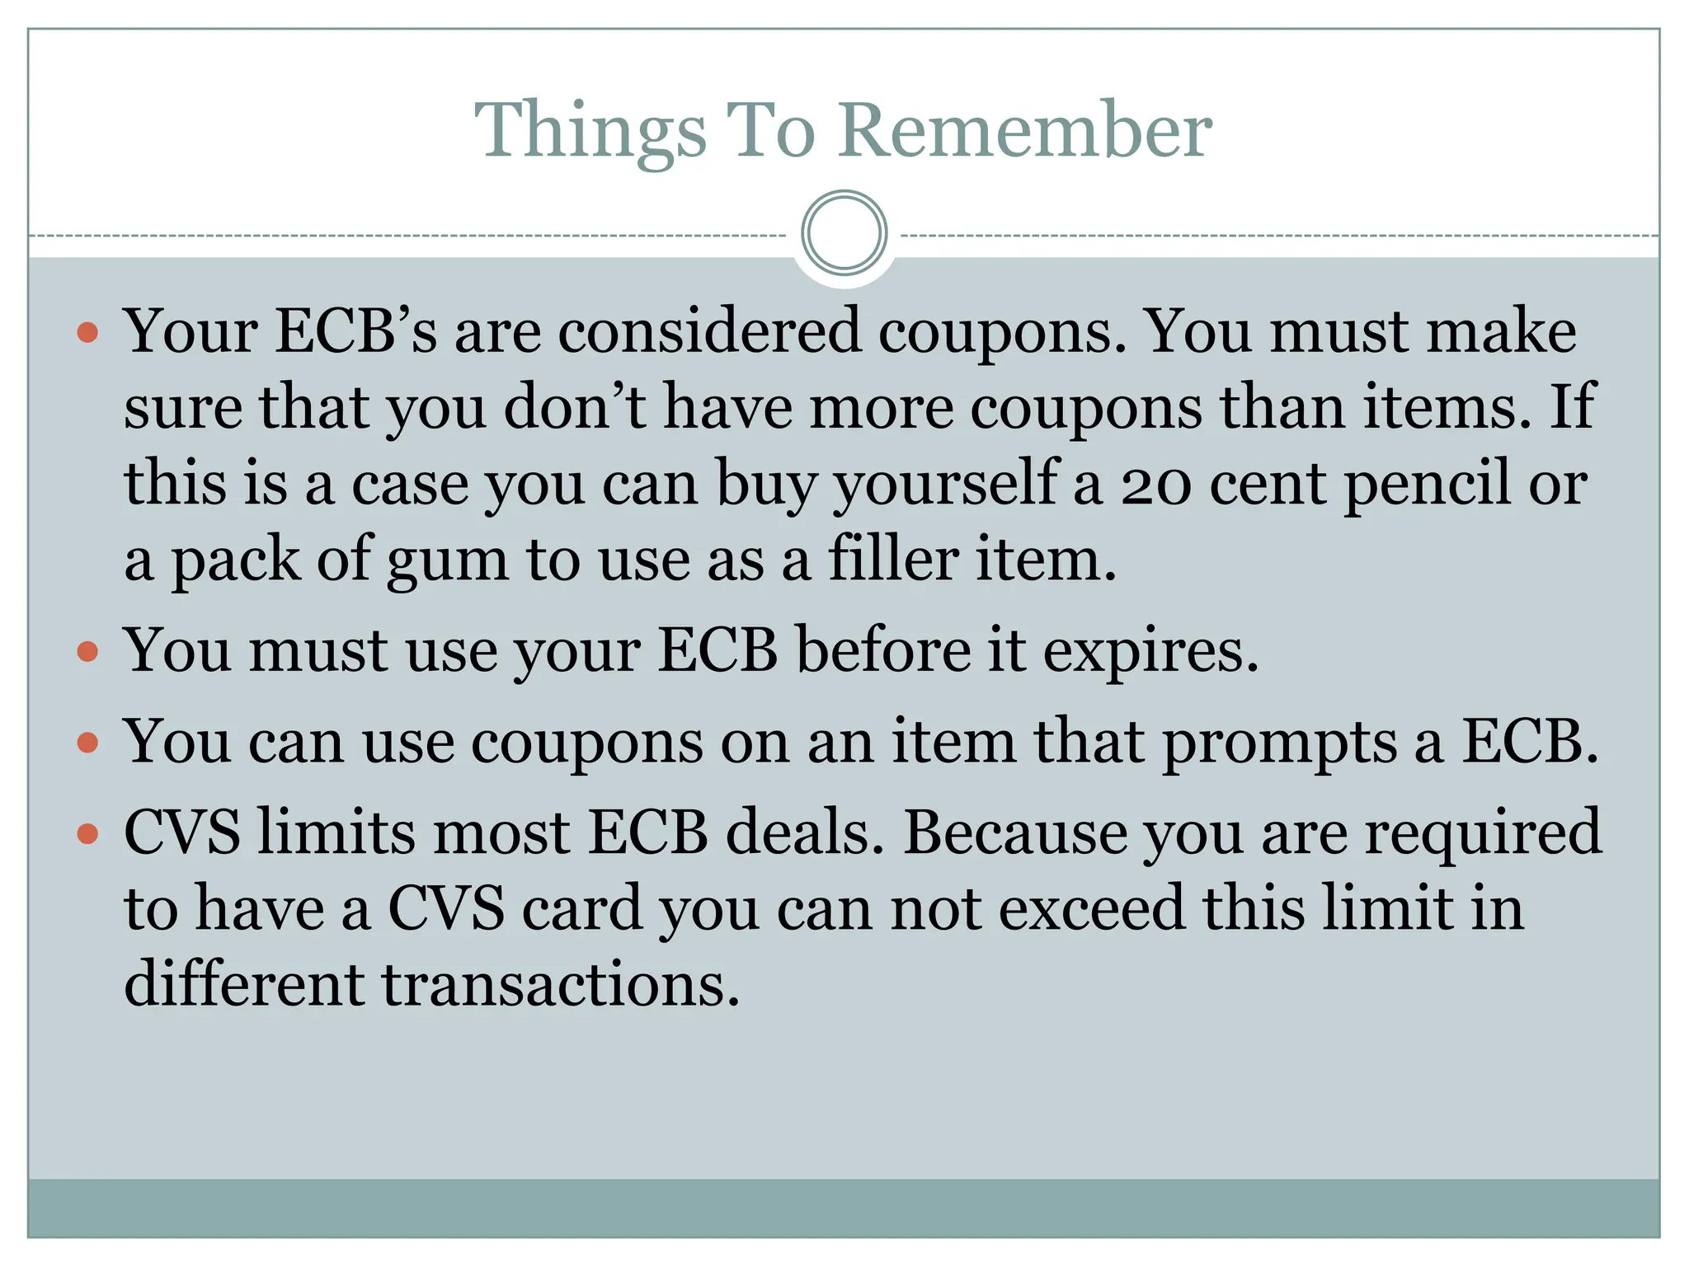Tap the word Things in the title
coord(590,132)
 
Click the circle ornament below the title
coord(844,232)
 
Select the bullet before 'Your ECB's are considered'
coord(87,333)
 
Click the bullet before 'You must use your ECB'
coord(87,652)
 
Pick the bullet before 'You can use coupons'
coord(87,743)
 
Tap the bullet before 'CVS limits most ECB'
coord(87,833)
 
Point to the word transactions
coord(560,985)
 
